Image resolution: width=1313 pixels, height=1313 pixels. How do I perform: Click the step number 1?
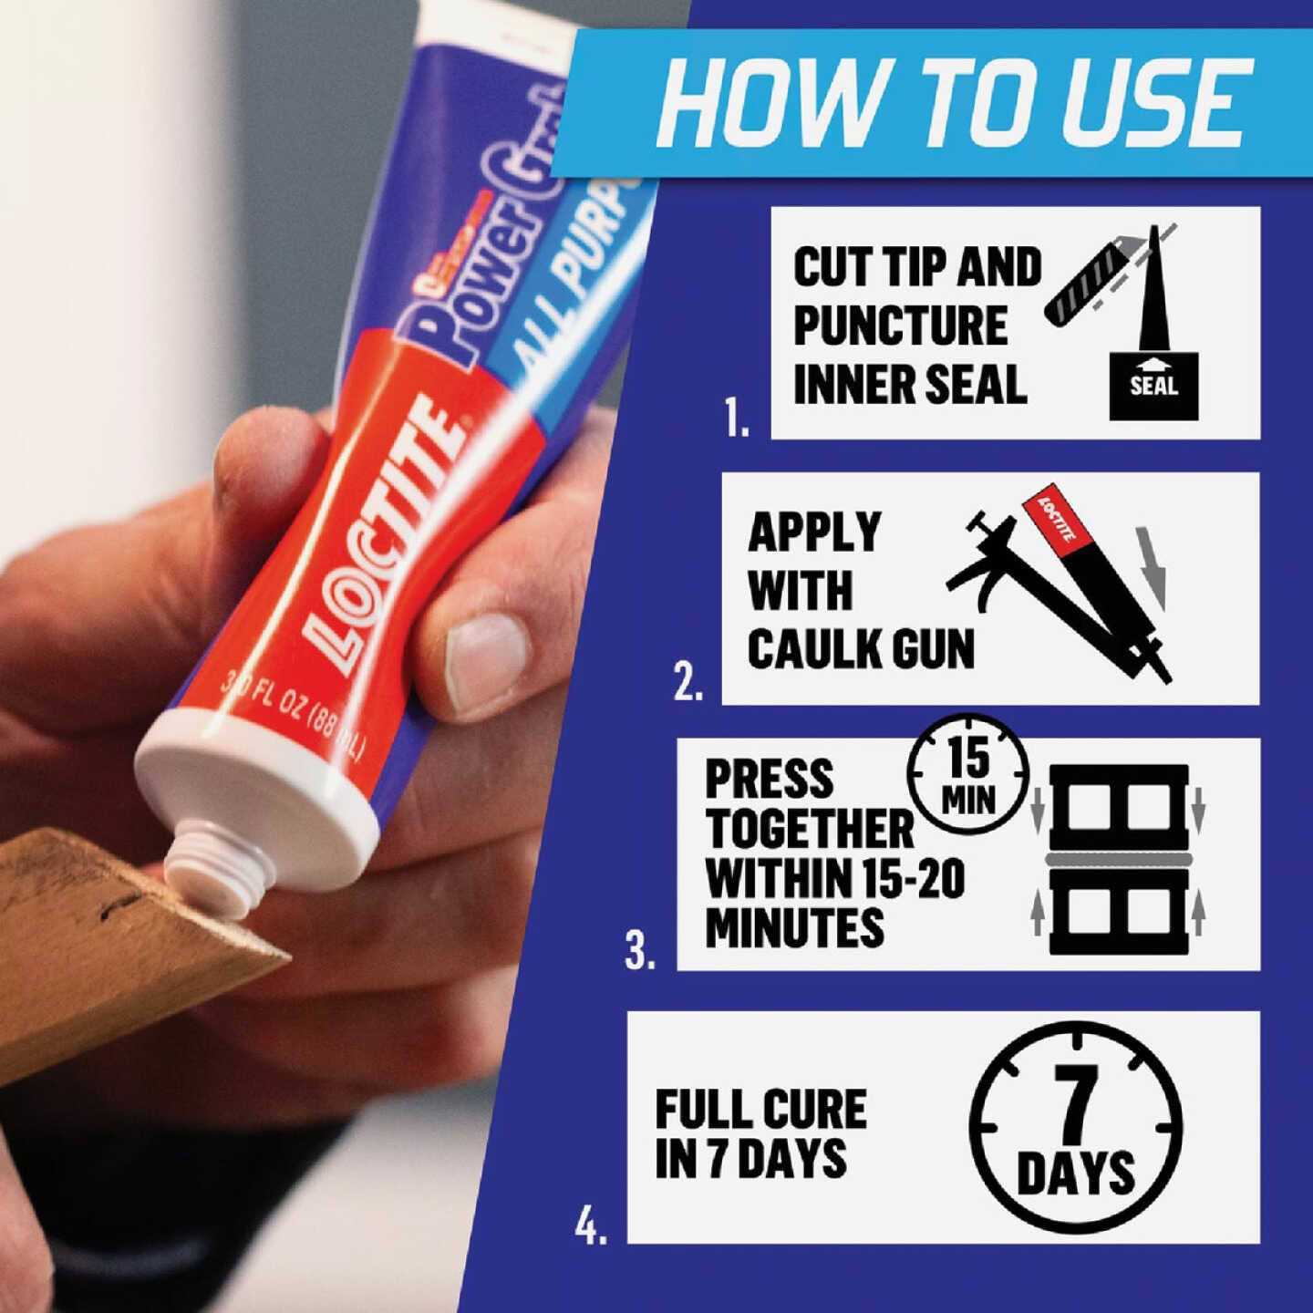[x=737, y=419]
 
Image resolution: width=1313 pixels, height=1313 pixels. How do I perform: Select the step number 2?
[x=688, y=684]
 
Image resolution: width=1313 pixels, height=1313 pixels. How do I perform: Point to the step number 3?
[x=640, y=950]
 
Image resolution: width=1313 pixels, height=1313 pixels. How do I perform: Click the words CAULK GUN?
[x=861, y=648]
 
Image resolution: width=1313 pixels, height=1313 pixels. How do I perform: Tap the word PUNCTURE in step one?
[x=900, y=326]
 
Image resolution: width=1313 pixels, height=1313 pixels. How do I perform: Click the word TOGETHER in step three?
[x=809, y=829]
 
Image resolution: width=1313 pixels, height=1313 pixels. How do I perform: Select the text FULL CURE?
[x=760, y=1109]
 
